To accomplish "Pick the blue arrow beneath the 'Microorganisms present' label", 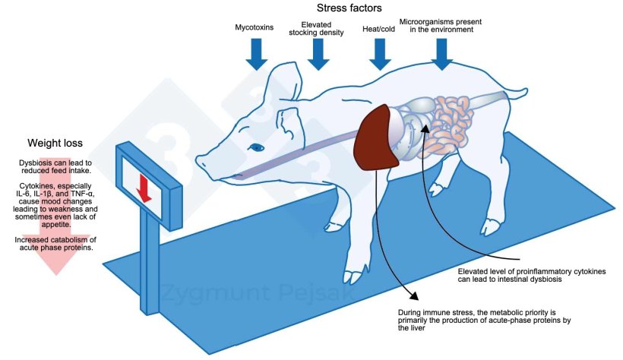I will click(441, 53).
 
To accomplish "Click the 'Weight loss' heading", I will click(55, 142).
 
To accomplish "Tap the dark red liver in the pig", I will click(380, 137).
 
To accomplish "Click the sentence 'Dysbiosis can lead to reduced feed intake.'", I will click(55, 168).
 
